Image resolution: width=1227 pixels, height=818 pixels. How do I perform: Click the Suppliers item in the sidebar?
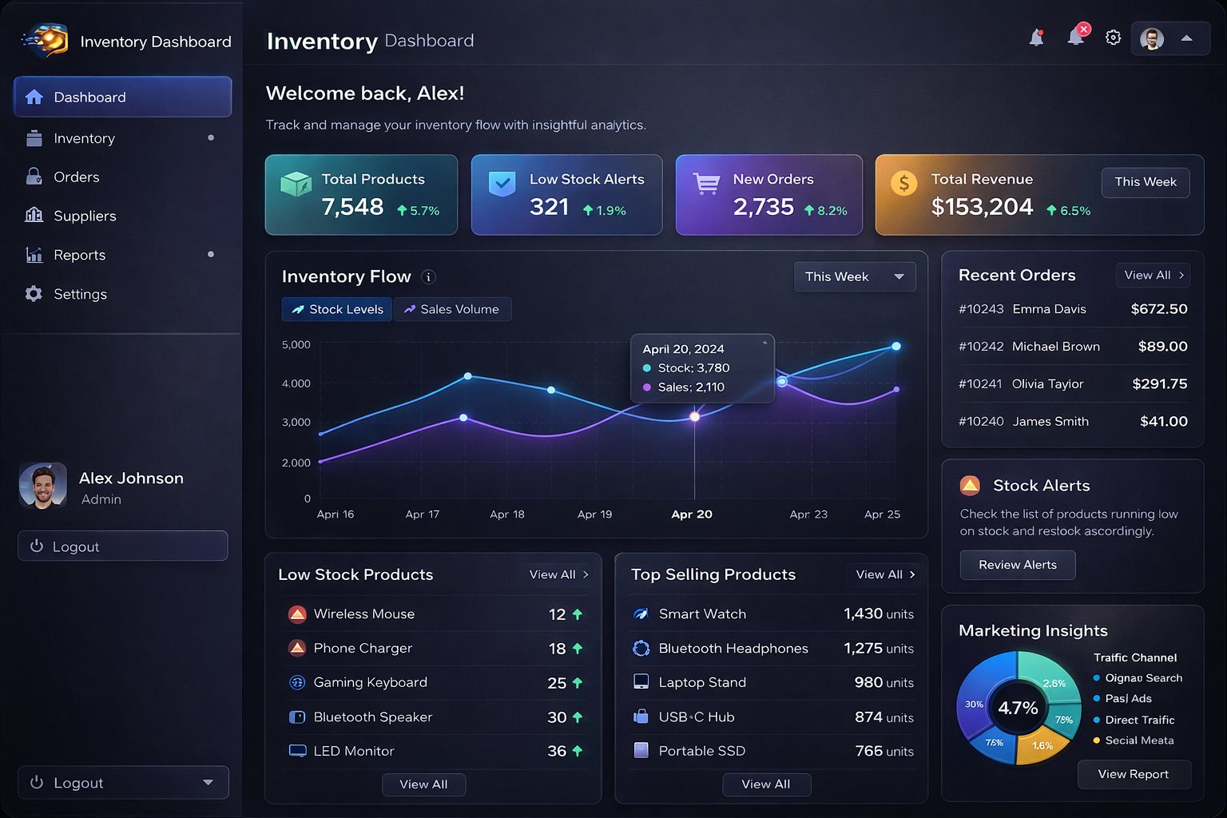tap(84, 216)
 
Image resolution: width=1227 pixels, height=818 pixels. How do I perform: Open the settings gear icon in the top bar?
tap(1113, 38)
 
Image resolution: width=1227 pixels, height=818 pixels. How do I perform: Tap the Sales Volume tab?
tap(452, 309)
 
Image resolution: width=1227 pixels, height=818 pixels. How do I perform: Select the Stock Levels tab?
tap(337, 309)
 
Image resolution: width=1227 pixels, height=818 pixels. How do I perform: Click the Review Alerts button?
tap(1017, 565)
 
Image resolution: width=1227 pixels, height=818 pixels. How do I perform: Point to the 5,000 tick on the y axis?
tap(296, 345)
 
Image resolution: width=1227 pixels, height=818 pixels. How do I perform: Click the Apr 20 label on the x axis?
tap(692, 514)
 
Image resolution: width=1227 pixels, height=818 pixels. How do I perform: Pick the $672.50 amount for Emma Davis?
tap(1158, 309)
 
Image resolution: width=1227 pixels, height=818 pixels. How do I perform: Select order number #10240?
tap(981, 422)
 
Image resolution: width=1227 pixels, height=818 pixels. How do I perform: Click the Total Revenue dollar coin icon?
tap(903, 184)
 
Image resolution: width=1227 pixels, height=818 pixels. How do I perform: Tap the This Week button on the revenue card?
tap(1146, 182)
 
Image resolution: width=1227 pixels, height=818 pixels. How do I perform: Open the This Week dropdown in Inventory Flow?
tap(854, 277)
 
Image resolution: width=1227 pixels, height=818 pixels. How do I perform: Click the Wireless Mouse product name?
tap(363, 614)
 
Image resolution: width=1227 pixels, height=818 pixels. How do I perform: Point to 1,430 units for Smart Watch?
tap(878, 614)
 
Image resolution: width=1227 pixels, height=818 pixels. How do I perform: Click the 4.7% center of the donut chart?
tap(1018, 708)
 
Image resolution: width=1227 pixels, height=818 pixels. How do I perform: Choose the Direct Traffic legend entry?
tap(1139, 720)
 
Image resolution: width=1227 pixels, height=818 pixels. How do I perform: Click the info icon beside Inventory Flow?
tap(428, 277)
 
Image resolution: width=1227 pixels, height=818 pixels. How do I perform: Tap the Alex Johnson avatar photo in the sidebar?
tap(42, 486)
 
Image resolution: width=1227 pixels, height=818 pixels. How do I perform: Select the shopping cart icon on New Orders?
tap(706, 184)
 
